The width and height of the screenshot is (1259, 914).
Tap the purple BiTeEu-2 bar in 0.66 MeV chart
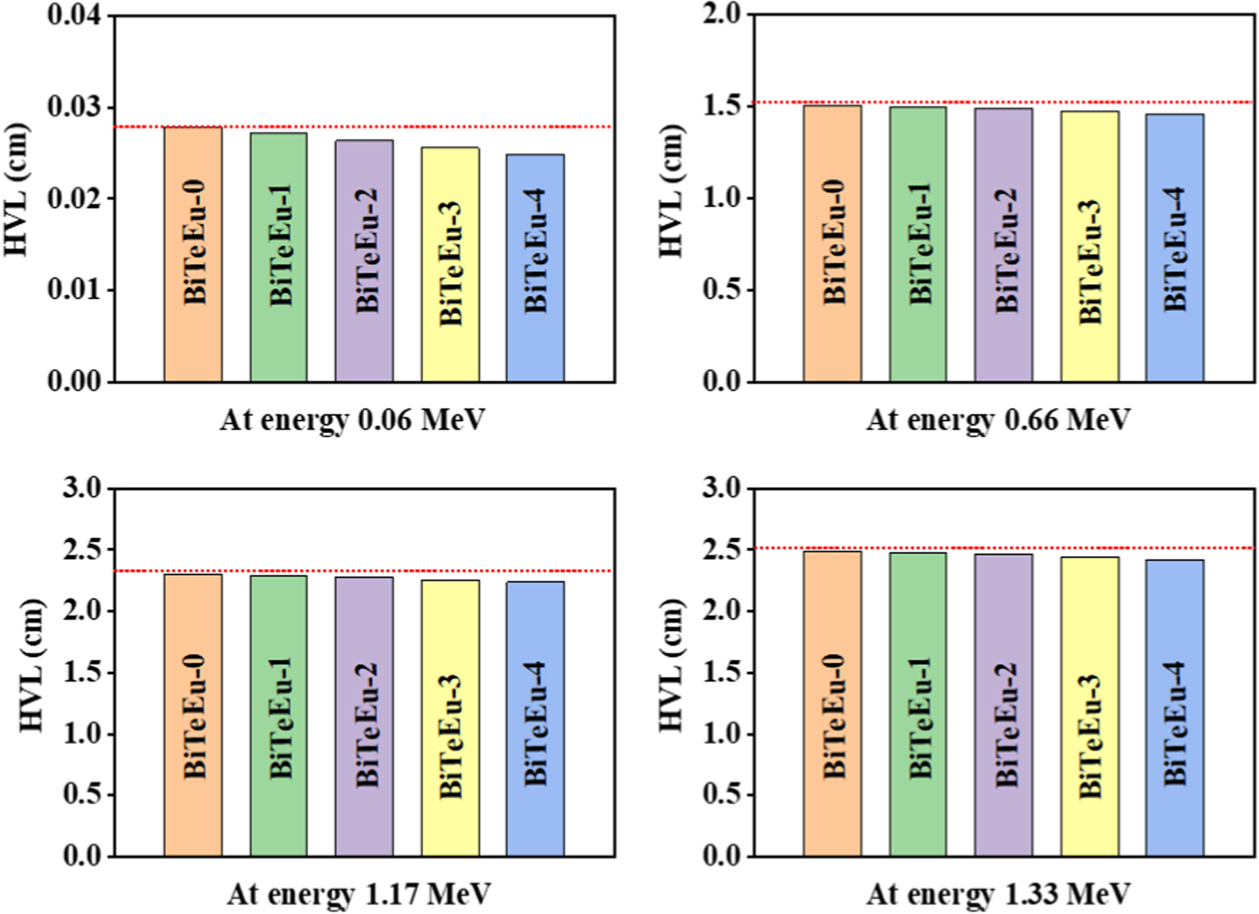(1003, 245)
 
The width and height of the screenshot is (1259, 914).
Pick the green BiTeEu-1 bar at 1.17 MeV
(279, 716)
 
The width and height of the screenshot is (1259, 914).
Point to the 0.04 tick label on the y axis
(74, 15)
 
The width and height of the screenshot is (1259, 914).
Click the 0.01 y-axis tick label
(74, 290)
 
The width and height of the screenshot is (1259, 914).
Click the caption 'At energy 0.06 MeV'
(353, 420)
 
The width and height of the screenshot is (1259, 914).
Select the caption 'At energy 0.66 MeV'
(998, 420)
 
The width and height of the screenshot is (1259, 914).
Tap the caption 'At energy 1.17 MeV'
(358, 895)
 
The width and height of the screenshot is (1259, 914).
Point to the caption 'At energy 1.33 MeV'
(998, 895)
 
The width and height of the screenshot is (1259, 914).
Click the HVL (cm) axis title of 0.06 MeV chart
(17, 190)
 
